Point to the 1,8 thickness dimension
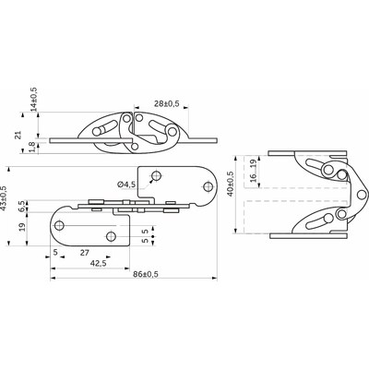coord(34,148)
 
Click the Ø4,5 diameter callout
coord(126,184)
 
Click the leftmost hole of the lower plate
coord(63,221)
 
